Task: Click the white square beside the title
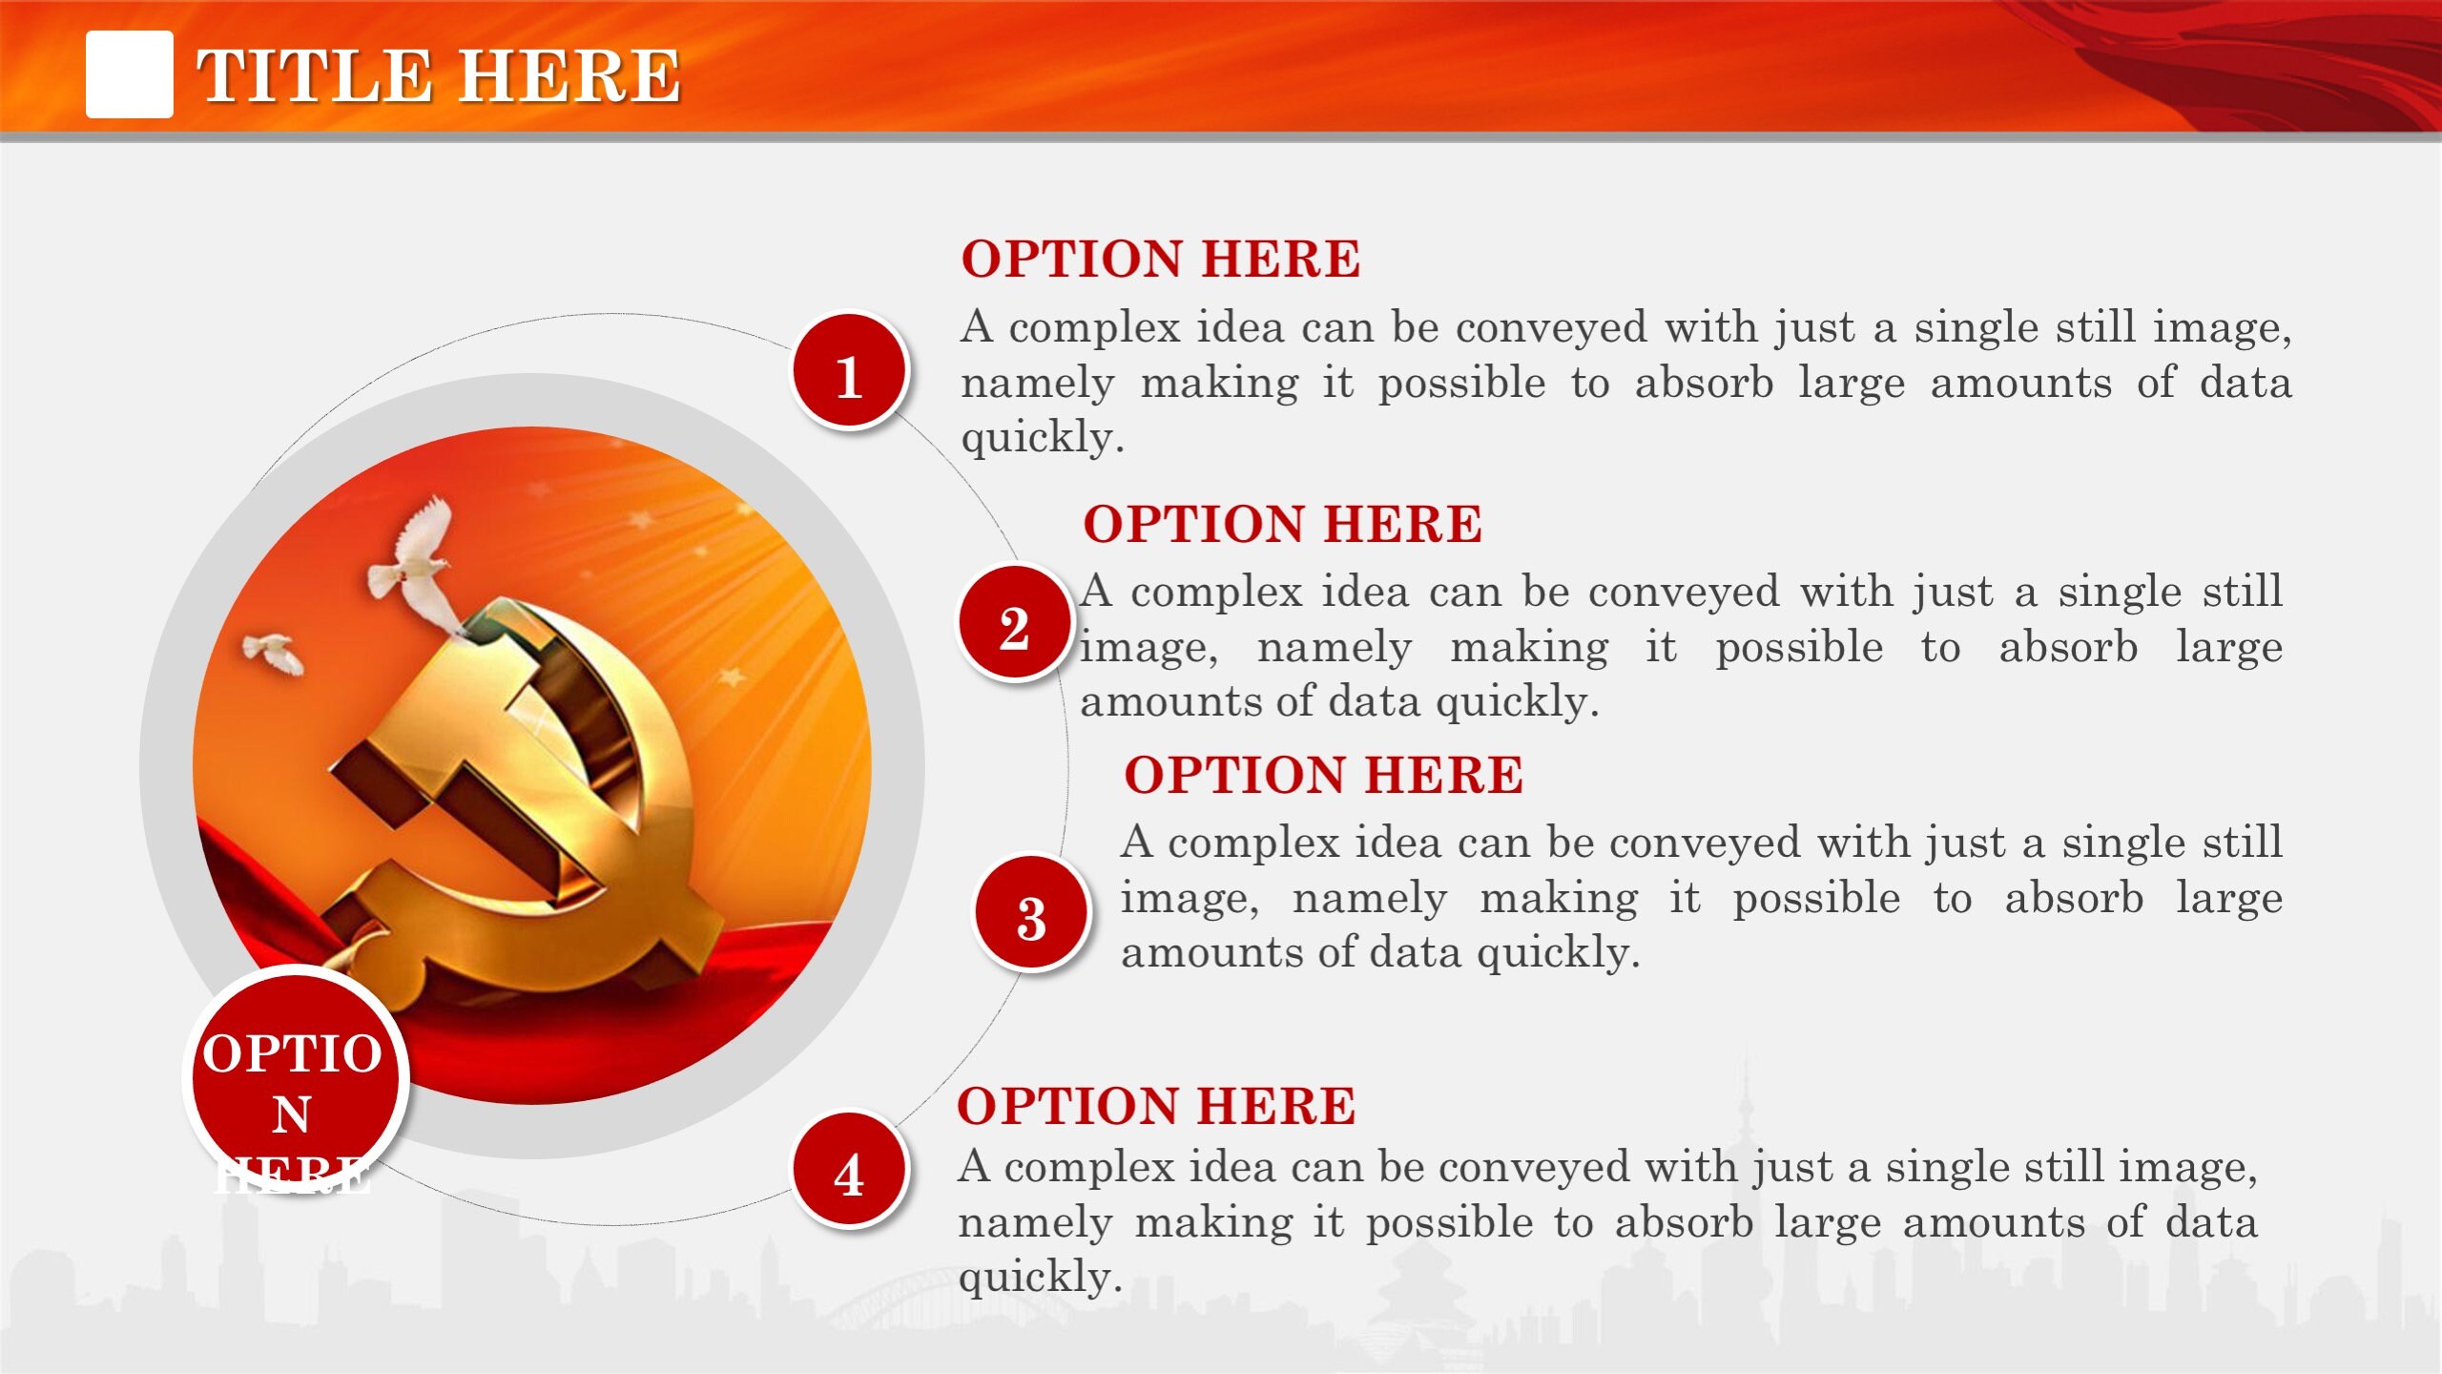130,74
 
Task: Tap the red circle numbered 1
849,372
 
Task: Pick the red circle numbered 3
1031,913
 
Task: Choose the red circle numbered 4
849,1170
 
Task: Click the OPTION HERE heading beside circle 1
1160,260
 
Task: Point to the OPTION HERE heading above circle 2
1282,525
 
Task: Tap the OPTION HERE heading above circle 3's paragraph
1323,775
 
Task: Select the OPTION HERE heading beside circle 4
1156,1107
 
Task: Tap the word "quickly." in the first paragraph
1043,438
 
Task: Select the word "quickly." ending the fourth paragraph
1040,1278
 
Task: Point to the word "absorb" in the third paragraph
2074,899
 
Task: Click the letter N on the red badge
292,1114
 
